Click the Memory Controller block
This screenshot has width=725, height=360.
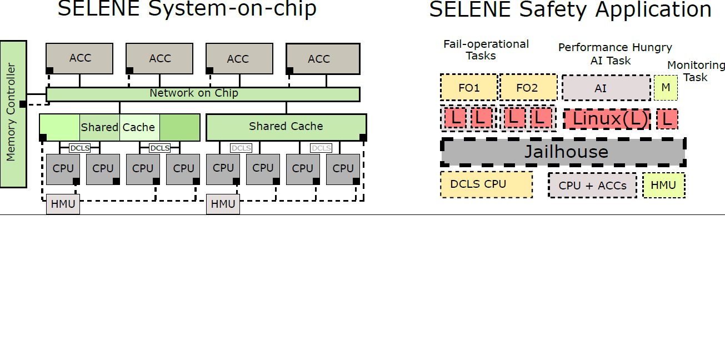(x=13, y=114)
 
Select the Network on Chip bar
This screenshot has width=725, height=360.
(x=203, y=94)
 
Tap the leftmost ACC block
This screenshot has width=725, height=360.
(x=79, y=58)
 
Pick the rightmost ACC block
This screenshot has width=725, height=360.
(x=323, y=59)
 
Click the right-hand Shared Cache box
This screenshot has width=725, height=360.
(x=286, y=127)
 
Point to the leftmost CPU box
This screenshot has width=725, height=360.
(x=63, y=169)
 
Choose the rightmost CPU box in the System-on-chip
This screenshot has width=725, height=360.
(x=343, y=169)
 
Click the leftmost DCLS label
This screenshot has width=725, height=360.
(x=79, y=148)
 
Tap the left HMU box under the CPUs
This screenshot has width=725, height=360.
(x=63, y=204)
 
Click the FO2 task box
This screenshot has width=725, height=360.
(x=528, y=88)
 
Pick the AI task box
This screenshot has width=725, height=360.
(x=606, y=88)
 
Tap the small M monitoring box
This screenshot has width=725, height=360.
(x=666, y=88)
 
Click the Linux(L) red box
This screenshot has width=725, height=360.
(x=607, y=119)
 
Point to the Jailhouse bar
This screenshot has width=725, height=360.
(x=563, y=152)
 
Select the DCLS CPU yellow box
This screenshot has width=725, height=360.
(x=486, y=184)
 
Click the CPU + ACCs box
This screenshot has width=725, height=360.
(x=592, y=185)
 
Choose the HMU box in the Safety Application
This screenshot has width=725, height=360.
(x=663, y=185)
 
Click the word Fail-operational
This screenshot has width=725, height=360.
(x=486, y=44)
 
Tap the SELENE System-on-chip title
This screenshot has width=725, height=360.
(x=187, y=8)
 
